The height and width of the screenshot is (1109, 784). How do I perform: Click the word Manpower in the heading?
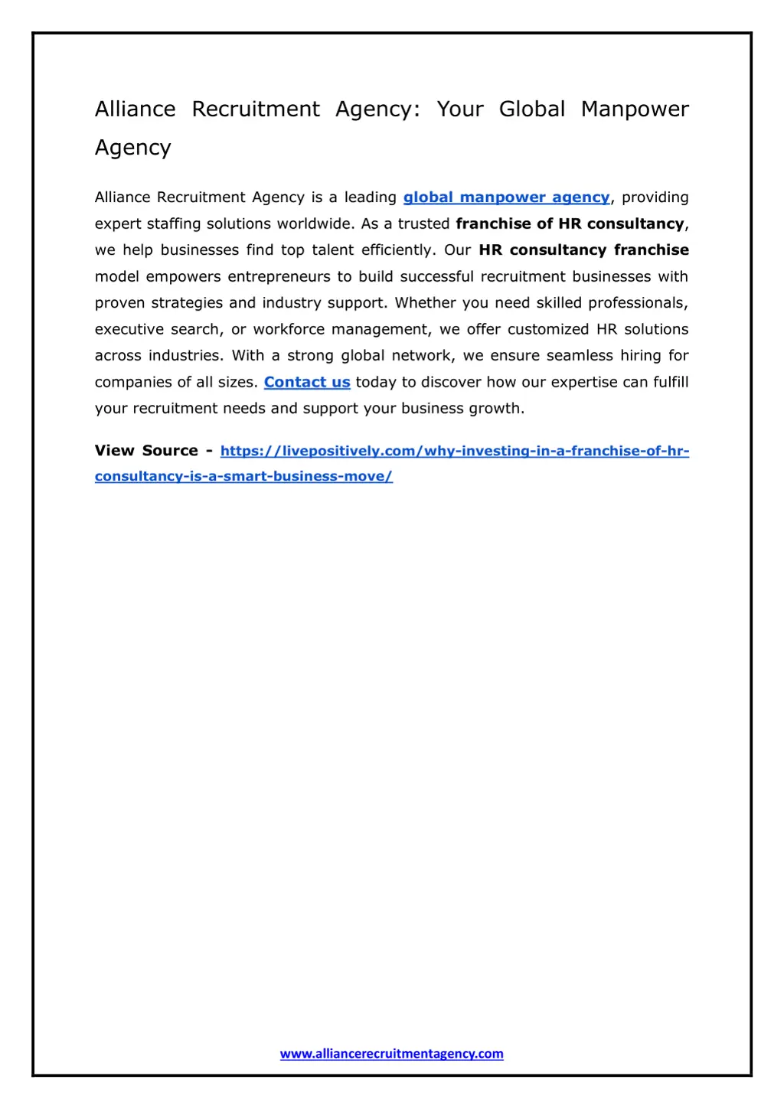pos(635,109)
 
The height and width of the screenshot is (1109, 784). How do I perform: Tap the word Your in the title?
pos(460,109)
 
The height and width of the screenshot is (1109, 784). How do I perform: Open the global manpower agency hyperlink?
pos(506,197)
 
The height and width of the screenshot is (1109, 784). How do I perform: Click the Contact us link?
pos(307,382)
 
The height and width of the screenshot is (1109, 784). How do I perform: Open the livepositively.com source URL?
pos(455,451)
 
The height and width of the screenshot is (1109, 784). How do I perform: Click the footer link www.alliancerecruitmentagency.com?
pos(391,1054)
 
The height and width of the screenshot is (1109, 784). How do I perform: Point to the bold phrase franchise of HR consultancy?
pos(570,223)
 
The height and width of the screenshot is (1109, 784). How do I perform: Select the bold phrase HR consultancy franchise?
pos(583,250)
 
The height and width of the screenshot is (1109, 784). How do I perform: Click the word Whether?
pos(425,303)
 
